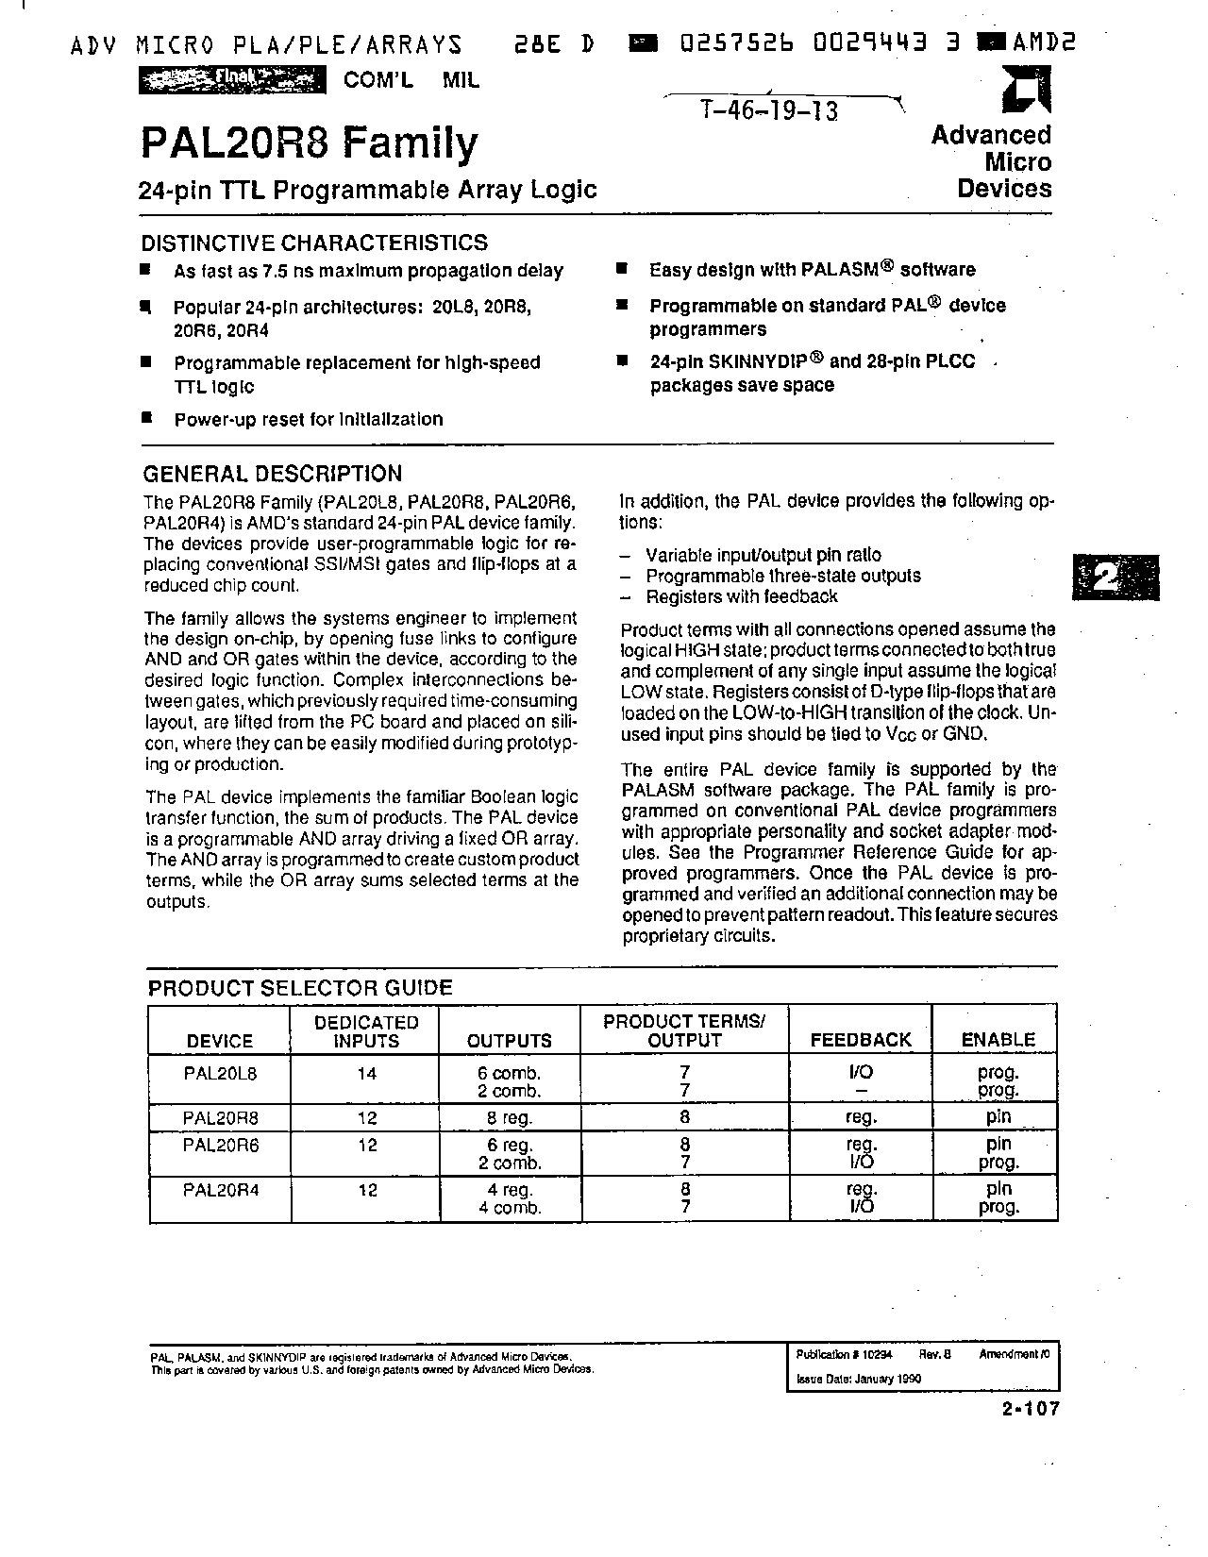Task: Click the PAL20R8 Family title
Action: [309, 143]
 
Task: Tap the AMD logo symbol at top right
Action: [1024, 94]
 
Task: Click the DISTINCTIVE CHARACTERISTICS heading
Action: [314, 243]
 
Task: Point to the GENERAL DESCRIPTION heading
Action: [272, 474]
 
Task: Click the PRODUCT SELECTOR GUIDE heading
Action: [300, 988]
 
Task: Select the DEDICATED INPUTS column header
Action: [365, 1031]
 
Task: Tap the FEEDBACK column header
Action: [861, 1040]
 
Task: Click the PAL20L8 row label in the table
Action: [220, 1073]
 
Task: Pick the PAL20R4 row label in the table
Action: [220, 1190]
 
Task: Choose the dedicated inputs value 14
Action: [366, 1073]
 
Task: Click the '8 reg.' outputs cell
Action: [510, 1118]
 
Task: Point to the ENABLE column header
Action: [998, 1040]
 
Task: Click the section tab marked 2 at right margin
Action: [1116, 575]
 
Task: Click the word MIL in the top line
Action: [461, 80]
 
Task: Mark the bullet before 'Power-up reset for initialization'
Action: [146, 417]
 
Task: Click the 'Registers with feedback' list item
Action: [741, 596]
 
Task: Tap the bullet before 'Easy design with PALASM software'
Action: [622, 269]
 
